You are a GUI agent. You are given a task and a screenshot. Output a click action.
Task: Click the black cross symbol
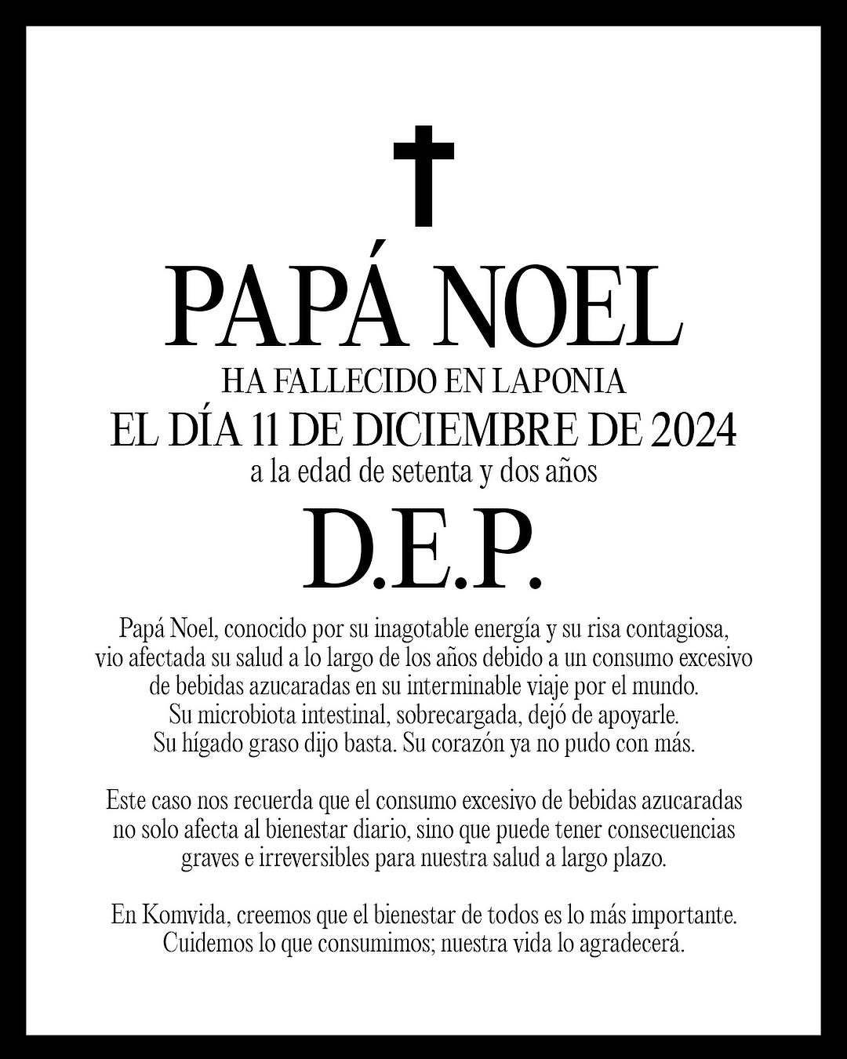(x=423, y=173)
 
